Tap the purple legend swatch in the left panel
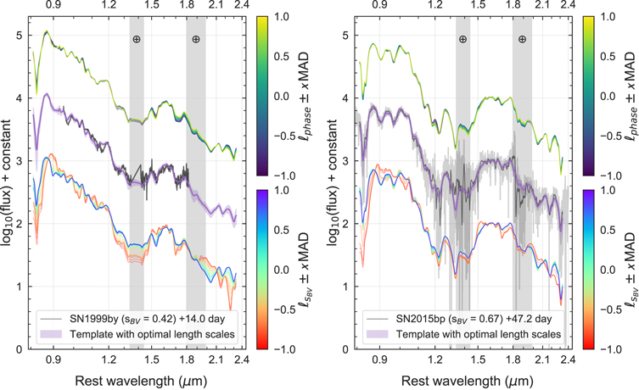click(x=52, y=334)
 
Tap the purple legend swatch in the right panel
click(x=378, y=334)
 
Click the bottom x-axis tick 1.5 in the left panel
click(x=152, y=359)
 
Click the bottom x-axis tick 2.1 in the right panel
click(x=542, y=359)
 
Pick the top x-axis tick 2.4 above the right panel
click(x=568, y=5)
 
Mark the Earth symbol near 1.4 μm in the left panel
click(x=137, y=39)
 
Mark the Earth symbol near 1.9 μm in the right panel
click(x=522, y=39)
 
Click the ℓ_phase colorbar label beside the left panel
click(x=303, y=96)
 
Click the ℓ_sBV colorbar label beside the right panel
click(x=629, y=270)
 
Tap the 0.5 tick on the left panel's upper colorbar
click(x=281, y=56)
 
